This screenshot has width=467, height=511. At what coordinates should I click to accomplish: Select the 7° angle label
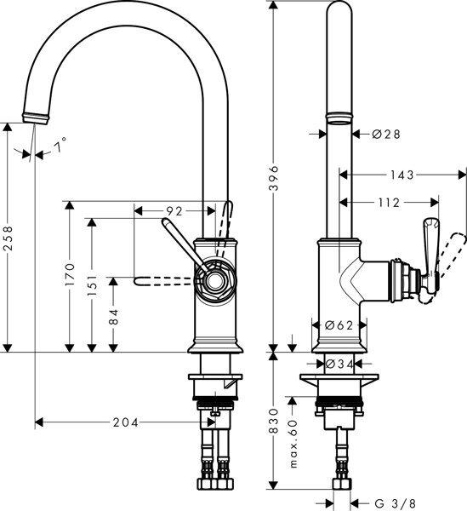pos(60,147)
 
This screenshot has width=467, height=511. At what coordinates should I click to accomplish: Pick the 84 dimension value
pos(112,317)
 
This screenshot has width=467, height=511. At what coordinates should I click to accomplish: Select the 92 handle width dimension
pos(174,210)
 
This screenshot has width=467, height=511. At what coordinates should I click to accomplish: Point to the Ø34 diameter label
pos(339,365)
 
